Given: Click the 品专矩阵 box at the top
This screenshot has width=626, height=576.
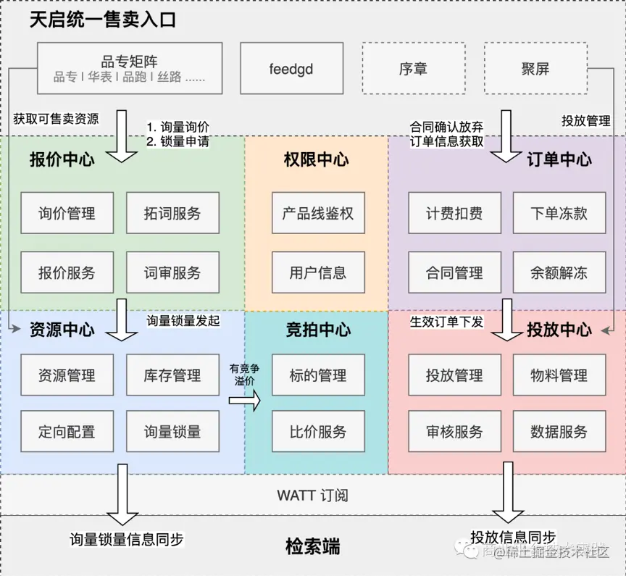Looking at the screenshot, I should point(130,68).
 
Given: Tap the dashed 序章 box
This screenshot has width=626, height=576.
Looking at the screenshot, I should point(413,68).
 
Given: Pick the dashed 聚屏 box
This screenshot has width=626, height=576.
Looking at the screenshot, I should point(535,68).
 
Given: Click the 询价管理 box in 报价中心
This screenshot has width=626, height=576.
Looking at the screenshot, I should point(67,213).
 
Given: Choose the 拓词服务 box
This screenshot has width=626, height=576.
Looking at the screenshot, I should point(172,213).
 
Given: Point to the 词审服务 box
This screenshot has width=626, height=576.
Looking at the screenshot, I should point(172,272).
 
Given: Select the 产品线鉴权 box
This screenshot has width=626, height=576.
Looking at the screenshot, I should point(318,213).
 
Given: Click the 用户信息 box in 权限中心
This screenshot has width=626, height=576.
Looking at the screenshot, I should point(318,272).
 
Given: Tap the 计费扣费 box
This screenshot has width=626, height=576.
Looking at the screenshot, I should point(454,213).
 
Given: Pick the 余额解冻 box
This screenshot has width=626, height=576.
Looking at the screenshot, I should point(559,272).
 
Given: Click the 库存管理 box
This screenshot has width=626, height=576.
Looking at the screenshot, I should point(172,375).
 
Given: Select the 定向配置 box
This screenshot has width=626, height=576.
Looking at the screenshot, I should point(67,432).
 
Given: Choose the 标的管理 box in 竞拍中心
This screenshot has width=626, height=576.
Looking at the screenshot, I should point(318,375).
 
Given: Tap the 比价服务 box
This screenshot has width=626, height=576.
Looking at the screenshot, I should point(318,432).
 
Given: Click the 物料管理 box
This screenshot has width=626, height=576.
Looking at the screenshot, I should point(559,375).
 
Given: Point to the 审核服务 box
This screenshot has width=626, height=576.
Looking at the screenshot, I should point(454,432).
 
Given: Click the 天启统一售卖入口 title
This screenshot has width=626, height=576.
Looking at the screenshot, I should point(102,20).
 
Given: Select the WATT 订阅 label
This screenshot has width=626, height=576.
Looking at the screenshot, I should point(312,496).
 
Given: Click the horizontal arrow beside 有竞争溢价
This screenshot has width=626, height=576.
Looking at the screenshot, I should point(244,399).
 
